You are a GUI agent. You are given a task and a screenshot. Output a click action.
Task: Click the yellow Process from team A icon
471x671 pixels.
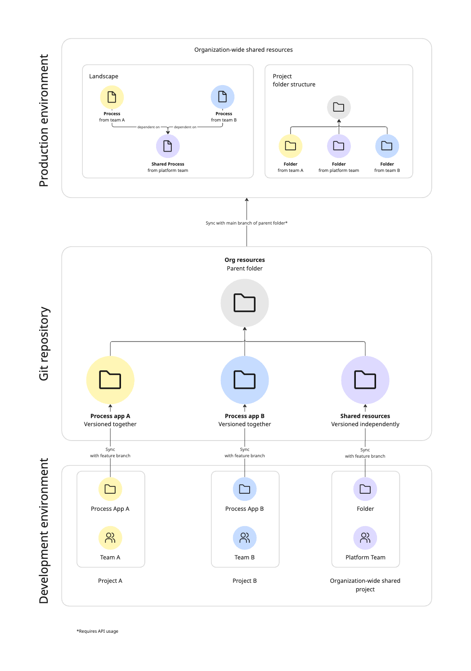(112, 97)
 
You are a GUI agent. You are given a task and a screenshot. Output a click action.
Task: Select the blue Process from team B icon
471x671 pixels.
(223, 97)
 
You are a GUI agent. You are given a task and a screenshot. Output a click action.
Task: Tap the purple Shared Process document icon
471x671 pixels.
(168, 146)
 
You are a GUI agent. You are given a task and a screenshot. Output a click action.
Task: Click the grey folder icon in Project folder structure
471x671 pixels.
(339, 107)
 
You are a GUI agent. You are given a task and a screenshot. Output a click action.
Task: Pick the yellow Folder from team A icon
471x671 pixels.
(291, 146)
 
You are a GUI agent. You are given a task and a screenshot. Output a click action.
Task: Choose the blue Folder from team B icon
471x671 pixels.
(387, 146)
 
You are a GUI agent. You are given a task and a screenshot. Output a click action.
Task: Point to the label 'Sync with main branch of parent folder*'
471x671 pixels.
(247, 223)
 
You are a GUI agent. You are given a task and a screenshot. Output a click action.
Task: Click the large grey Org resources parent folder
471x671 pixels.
(245, 303)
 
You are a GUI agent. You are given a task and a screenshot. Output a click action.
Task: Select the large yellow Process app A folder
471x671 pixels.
(110, 380)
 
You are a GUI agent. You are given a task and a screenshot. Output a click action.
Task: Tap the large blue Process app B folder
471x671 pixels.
(245, 380)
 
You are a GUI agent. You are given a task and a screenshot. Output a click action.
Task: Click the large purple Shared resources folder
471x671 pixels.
(365, 380)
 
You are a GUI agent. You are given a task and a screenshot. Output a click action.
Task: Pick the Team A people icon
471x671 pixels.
(110, 538)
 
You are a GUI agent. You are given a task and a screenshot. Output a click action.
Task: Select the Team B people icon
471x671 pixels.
(245, 538)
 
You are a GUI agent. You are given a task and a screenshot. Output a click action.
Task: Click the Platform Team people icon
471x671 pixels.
(365, 538)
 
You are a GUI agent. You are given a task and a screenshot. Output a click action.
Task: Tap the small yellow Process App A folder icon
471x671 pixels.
(110, 489)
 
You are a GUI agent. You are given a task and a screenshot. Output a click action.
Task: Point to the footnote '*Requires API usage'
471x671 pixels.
(98, 631)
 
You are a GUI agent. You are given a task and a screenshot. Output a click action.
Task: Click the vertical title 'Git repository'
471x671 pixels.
(44, 344)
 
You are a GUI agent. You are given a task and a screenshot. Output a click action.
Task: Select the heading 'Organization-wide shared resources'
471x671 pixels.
(243, 50)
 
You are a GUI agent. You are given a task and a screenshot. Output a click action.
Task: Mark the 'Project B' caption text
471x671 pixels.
(245, 581)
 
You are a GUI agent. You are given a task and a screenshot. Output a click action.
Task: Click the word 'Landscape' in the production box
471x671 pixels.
(104, 77)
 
